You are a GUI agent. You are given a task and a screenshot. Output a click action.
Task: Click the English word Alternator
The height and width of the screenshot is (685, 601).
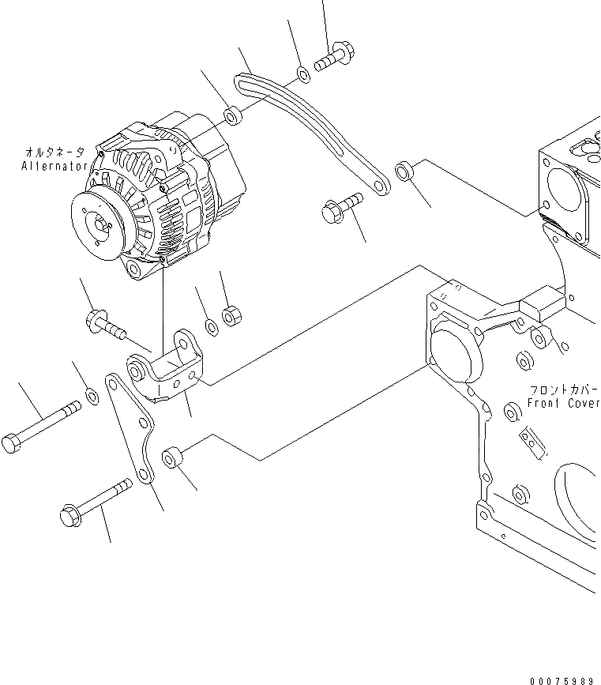click(53, 167)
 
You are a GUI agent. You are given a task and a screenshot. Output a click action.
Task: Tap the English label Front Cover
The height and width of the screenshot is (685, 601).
click(564, 404)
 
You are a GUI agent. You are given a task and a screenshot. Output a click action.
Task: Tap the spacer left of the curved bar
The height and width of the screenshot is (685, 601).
click(234, 116)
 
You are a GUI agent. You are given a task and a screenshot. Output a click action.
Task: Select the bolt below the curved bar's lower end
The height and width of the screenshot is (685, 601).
click(341, 207)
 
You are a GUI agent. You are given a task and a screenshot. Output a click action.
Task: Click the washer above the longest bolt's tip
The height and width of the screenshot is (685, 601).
click(91, 394)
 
